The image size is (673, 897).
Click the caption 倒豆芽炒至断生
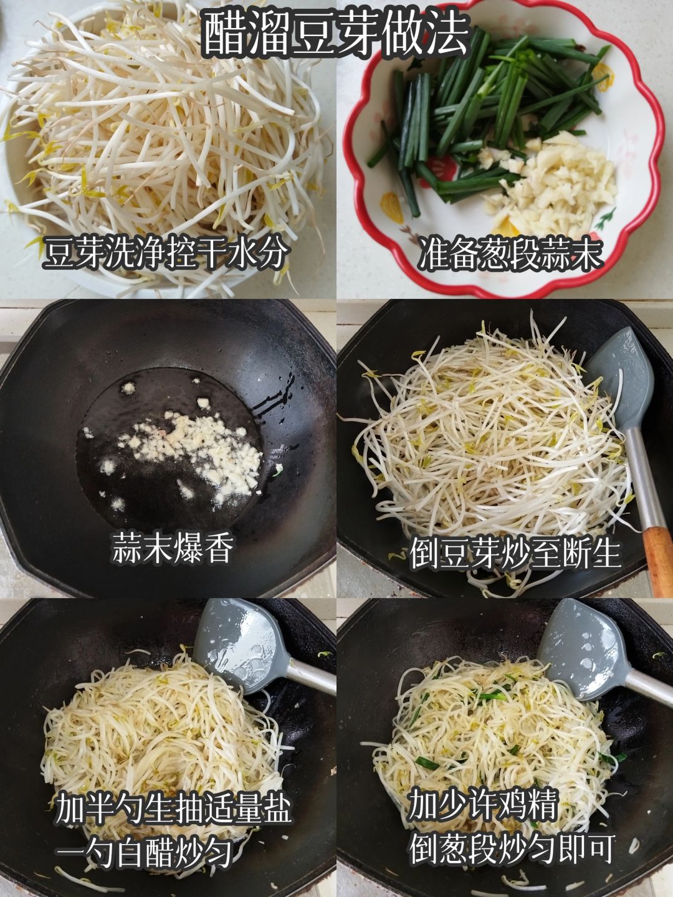(x=516, y=554)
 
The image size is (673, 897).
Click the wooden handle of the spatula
(x=659, y=560)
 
